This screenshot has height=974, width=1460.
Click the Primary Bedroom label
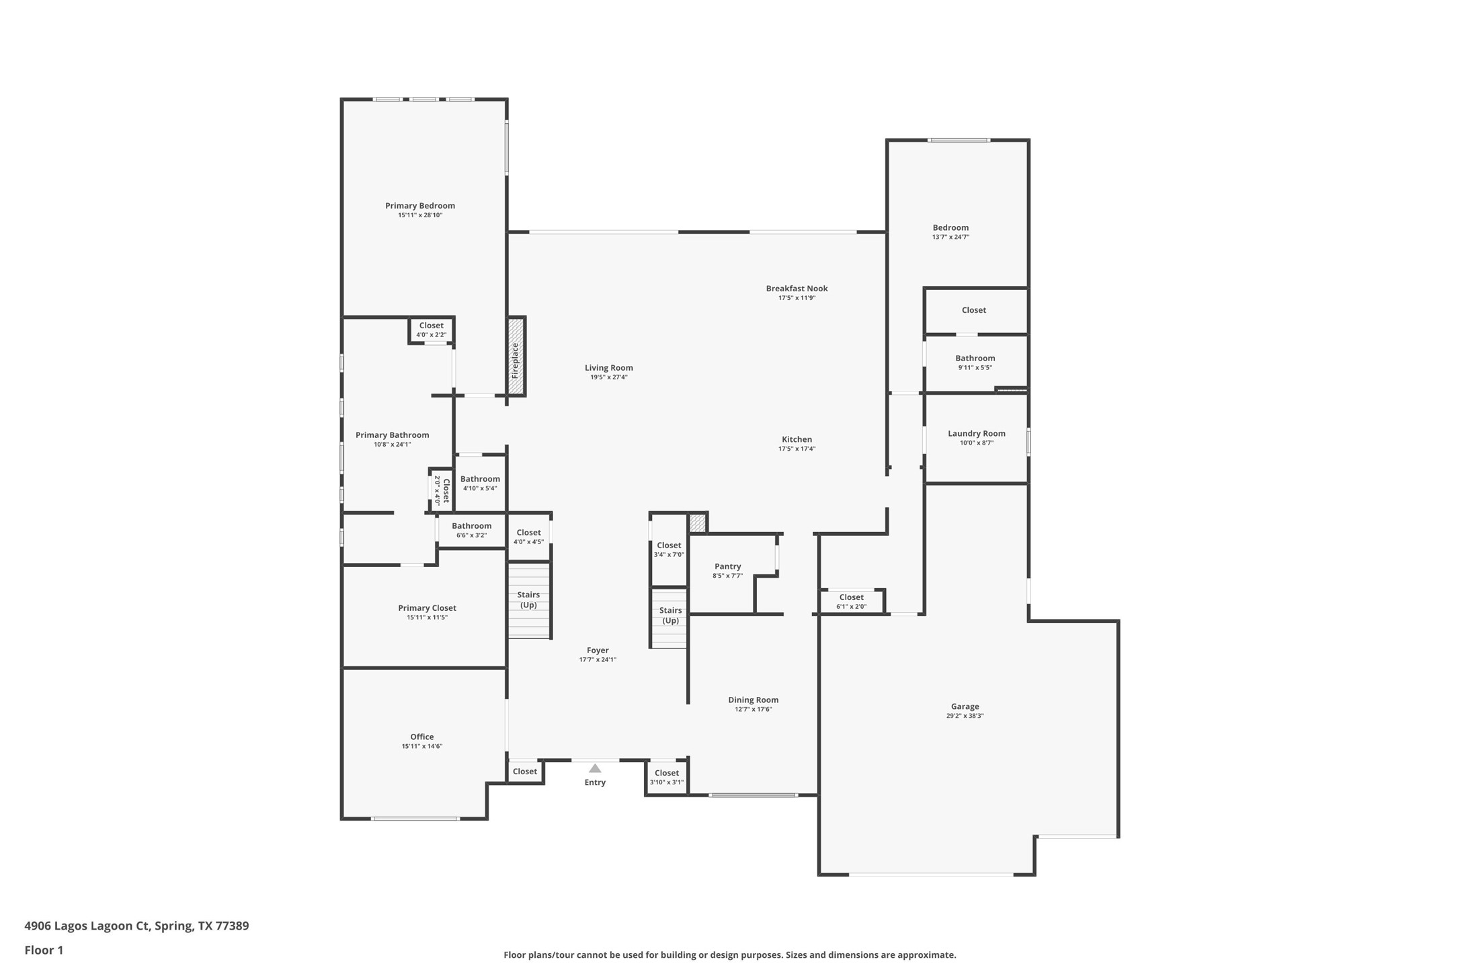pos(419,206)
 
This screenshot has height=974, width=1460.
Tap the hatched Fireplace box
pos(516,357)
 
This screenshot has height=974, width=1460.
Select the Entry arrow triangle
pos(595,768)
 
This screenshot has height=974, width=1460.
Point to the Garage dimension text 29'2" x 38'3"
pos(965,716)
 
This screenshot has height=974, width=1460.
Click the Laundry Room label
pos(976,433)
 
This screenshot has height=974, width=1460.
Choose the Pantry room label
pos(727,566)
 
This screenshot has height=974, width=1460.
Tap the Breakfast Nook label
pos(797,289)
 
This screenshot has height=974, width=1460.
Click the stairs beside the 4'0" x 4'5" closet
pos(529,600)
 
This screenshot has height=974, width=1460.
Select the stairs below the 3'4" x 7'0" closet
pos(670,617)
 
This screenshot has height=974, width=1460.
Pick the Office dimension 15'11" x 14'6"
pos(421,746)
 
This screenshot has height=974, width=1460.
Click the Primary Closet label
pos(427,608)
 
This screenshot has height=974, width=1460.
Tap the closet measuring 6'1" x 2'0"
pos(851,601)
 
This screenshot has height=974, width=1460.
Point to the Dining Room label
pos(753,700)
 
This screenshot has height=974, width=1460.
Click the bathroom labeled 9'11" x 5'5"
pos(975,362)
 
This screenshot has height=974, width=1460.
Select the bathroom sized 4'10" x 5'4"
pos(480,483)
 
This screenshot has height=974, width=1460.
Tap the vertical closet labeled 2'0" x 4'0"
pos(441,490)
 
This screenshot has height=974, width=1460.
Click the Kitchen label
pos(797,439)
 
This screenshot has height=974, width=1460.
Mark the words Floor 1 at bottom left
pos(44,950)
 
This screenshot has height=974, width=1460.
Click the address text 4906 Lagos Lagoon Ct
pos(86,926)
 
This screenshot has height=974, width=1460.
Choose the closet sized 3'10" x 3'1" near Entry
pos(666,777)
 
